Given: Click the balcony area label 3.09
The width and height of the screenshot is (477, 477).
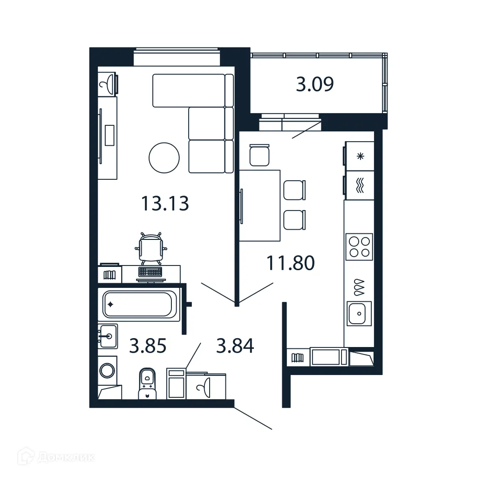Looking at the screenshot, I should [315, 84].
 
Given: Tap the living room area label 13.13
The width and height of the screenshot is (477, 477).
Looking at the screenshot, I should [165, 203].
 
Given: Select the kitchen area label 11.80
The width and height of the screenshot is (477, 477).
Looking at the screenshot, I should [291, 263].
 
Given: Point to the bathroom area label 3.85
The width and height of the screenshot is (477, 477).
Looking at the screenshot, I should [148, 346].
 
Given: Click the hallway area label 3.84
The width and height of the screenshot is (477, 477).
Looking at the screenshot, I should [235, 346].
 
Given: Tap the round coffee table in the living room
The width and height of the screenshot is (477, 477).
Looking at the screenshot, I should [164, 157].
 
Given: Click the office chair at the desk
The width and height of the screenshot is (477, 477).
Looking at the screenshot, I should [151, 248].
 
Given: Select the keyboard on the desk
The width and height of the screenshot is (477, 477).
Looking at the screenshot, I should [150, 272].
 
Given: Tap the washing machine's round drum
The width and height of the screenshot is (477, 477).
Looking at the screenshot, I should [108, 371].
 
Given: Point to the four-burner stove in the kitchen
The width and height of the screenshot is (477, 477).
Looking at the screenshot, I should [359, 247].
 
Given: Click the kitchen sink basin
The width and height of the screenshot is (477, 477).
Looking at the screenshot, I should [359, 313].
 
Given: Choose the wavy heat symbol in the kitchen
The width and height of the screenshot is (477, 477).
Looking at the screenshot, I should [360, 185].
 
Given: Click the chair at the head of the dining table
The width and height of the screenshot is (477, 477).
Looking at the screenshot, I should [259, 155].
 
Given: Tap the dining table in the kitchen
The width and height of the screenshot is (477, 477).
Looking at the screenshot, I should [260, 205].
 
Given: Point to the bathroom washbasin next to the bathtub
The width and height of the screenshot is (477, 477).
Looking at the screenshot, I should [109, 335].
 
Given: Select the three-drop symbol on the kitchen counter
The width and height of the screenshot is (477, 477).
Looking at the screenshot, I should [359, 287].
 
